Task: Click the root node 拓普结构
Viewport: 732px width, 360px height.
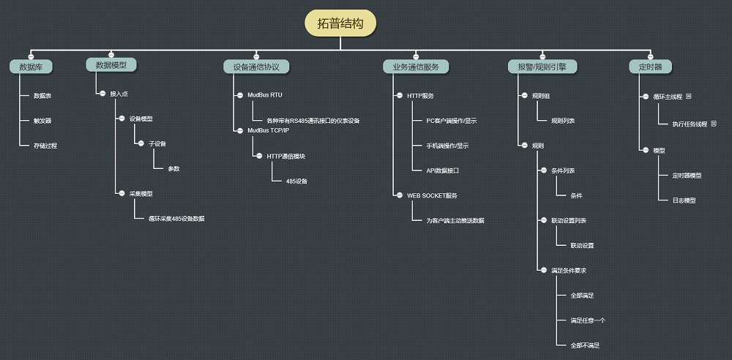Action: click(340, 23)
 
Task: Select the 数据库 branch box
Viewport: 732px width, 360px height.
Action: click(31, 67)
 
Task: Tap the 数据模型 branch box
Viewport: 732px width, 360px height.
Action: click(111, 65)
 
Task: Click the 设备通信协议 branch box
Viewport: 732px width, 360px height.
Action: click(256, 67)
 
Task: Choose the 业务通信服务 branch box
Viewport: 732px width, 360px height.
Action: click(415, 67)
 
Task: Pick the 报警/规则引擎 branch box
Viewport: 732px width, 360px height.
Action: click(542, 67)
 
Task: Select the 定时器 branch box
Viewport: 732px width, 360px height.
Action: click(650, 67)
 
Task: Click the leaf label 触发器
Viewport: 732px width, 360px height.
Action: click(42, 120)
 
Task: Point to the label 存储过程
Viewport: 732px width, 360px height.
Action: click(45, 145)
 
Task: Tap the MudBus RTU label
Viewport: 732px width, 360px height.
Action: click(264, 95)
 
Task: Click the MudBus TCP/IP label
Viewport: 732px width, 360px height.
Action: click(269, 130)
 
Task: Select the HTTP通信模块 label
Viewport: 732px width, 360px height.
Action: click(285, 156)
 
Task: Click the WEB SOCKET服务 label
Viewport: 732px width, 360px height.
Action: click(432, 195)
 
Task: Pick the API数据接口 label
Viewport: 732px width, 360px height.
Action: click(442, 170)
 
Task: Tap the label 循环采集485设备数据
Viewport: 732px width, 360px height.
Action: click(176, 218)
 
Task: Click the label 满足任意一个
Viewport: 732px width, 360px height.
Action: click(588, 320)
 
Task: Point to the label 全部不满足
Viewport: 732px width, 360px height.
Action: click(585, 345)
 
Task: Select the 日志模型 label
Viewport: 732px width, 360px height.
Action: click(684, 200)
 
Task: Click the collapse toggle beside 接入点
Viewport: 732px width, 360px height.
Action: click(102, 94)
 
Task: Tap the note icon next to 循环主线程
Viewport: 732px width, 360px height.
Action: click(688, 96)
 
